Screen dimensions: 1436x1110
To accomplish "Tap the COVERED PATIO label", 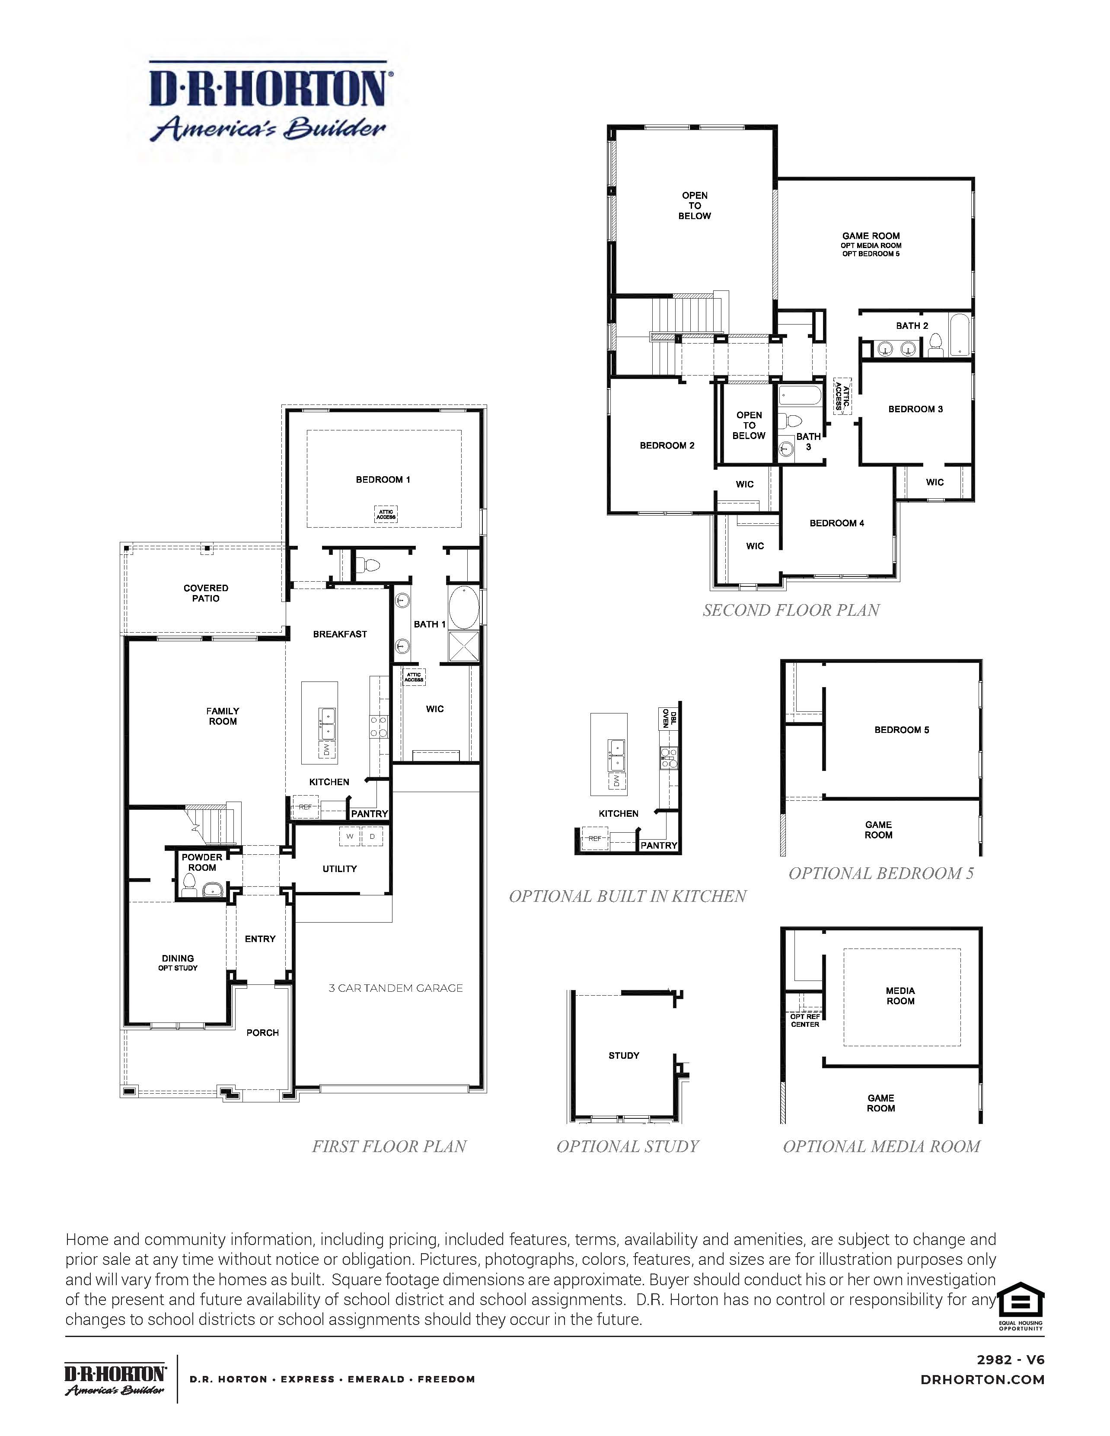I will coord(206,593).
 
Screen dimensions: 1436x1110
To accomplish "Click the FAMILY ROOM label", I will coord(223,716).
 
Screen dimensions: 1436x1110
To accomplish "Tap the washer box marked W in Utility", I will coord(350,836).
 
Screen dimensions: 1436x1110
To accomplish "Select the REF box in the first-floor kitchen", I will coord(305,807).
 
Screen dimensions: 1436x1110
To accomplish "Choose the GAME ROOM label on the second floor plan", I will coord(871,236).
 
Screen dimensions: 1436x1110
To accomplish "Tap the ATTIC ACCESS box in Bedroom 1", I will coord(386,514).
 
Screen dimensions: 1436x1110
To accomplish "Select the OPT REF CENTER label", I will coord(805,1020).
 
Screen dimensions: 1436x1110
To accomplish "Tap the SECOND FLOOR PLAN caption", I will coord(791,610).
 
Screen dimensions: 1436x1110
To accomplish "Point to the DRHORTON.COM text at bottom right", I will coord(982,1379).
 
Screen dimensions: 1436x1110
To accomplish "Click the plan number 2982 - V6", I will coord(1010,1360).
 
